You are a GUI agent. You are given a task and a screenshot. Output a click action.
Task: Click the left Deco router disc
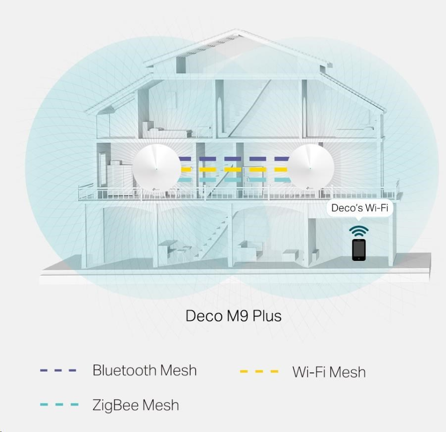(156, 169)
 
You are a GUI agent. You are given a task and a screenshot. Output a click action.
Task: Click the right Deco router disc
(311, 169)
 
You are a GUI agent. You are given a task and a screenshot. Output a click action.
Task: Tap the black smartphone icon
(358, 249)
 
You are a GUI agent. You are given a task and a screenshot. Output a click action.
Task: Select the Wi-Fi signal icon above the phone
(358, 231)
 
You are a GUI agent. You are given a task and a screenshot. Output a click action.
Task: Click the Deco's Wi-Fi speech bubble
(359, 208)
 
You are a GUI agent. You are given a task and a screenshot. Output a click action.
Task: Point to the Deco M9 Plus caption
(233, 315)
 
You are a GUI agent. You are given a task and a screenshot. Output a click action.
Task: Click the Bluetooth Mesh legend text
(145, 370)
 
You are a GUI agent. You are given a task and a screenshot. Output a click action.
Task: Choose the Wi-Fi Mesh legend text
(329, 371)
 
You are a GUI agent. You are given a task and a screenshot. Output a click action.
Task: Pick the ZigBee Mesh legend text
(136, 405)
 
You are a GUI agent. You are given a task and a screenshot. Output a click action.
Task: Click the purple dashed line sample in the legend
(58, 370)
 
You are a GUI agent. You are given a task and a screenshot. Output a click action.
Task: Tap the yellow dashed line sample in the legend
(259, 371)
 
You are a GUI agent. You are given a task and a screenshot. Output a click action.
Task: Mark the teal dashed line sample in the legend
(59, 405)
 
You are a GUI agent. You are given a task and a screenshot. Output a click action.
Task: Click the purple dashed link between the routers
(234, 159)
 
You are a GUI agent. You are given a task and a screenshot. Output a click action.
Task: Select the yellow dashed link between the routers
(234, 169)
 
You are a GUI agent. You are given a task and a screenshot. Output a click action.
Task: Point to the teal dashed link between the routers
(234, 179)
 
